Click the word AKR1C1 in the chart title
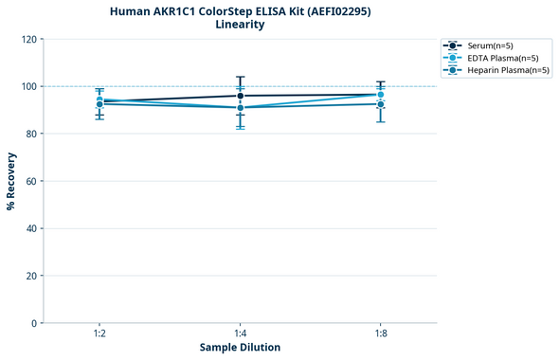tap(185, 11)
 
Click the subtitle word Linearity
tap(240, 25)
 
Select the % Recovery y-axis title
tap(12, 181)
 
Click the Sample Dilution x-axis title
tap(240, 348)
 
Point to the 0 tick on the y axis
tap(34, 323)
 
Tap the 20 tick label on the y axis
tap(31, 276)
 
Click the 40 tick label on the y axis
tap(31, 228)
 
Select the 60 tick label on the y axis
tap(31, 181)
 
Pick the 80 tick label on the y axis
tap(31, 134)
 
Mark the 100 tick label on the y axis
tap(28, 86)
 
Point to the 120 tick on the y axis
tap(28, 39)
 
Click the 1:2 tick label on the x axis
tap(99, 334)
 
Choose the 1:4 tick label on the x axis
tap(240, 334)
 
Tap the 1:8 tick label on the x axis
tap(380, 334)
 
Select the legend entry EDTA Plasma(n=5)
tap(497, 58)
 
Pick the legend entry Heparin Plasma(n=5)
tap(502, 70)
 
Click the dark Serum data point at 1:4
tap(240, 96)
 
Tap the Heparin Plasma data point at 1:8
tap(380, 104)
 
